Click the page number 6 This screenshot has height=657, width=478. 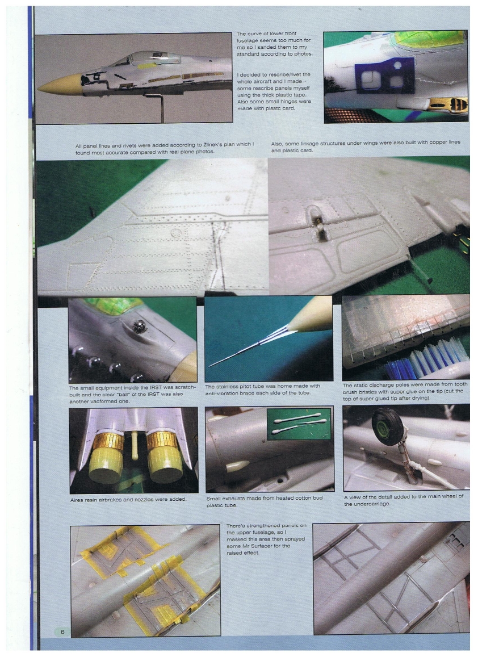pyautogui.click(x=62, y=631)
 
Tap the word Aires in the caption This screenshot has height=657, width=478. pyautogui.click(x=77, y=499)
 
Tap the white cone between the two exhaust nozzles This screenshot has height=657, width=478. pyautogui.click(x=135, y=443)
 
